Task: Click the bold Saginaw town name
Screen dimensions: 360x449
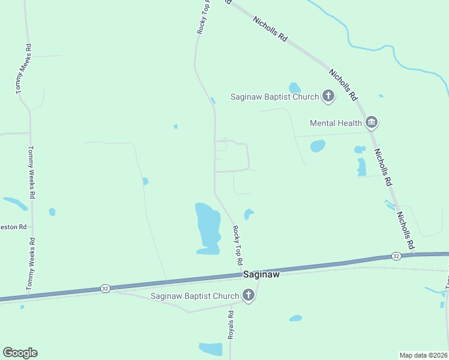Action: pyautogui.click(x=262, y=274)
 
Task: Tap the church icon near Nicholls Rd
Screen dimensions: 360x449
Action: pyautogui.click(x=328, y=95)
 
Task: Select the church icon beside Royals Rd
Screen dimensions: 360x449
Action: pyautogui.click(x=249, y=295)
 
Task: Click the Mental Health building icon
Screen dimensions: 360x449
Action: pyautogui.click(x=372, y=123)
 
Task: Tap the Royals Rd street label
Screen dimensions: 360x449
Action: pyautogui.click(x=230, y=325)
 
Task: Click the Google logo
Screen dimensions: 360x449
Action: pyautogui.click(x=20, y=353)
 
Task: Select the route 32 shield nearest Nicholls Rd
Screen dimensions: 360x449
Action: pyautogui.click(x=396, y=256)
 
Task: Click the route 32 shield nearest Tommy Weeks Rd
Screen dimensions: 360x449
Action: pyautogui.click(x=105, y=289)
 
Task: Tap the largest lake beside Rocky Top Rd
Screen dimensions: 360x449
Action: pyautogui.click(x=207, y=228)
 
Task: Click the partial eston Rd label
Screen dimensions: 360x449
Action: pyautogui.click(x=14, y=227)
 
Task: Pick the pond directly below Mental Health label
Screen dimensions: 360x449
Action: pyautogui.click(x=318, y=146)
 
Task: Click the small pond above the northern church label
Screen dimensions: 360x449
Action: pyautogui.click(x=294, y=87)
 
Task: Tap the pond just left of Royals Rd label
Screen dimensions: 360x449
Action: pyautogui.click(x=211, y=349)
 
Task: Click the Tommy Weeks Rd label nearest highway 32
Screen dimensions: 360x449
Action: pyautogui.click(x=30, y=263)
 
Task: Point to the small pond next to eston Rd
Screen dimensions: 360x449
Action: pyautogui.click(x=52, y=212)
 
